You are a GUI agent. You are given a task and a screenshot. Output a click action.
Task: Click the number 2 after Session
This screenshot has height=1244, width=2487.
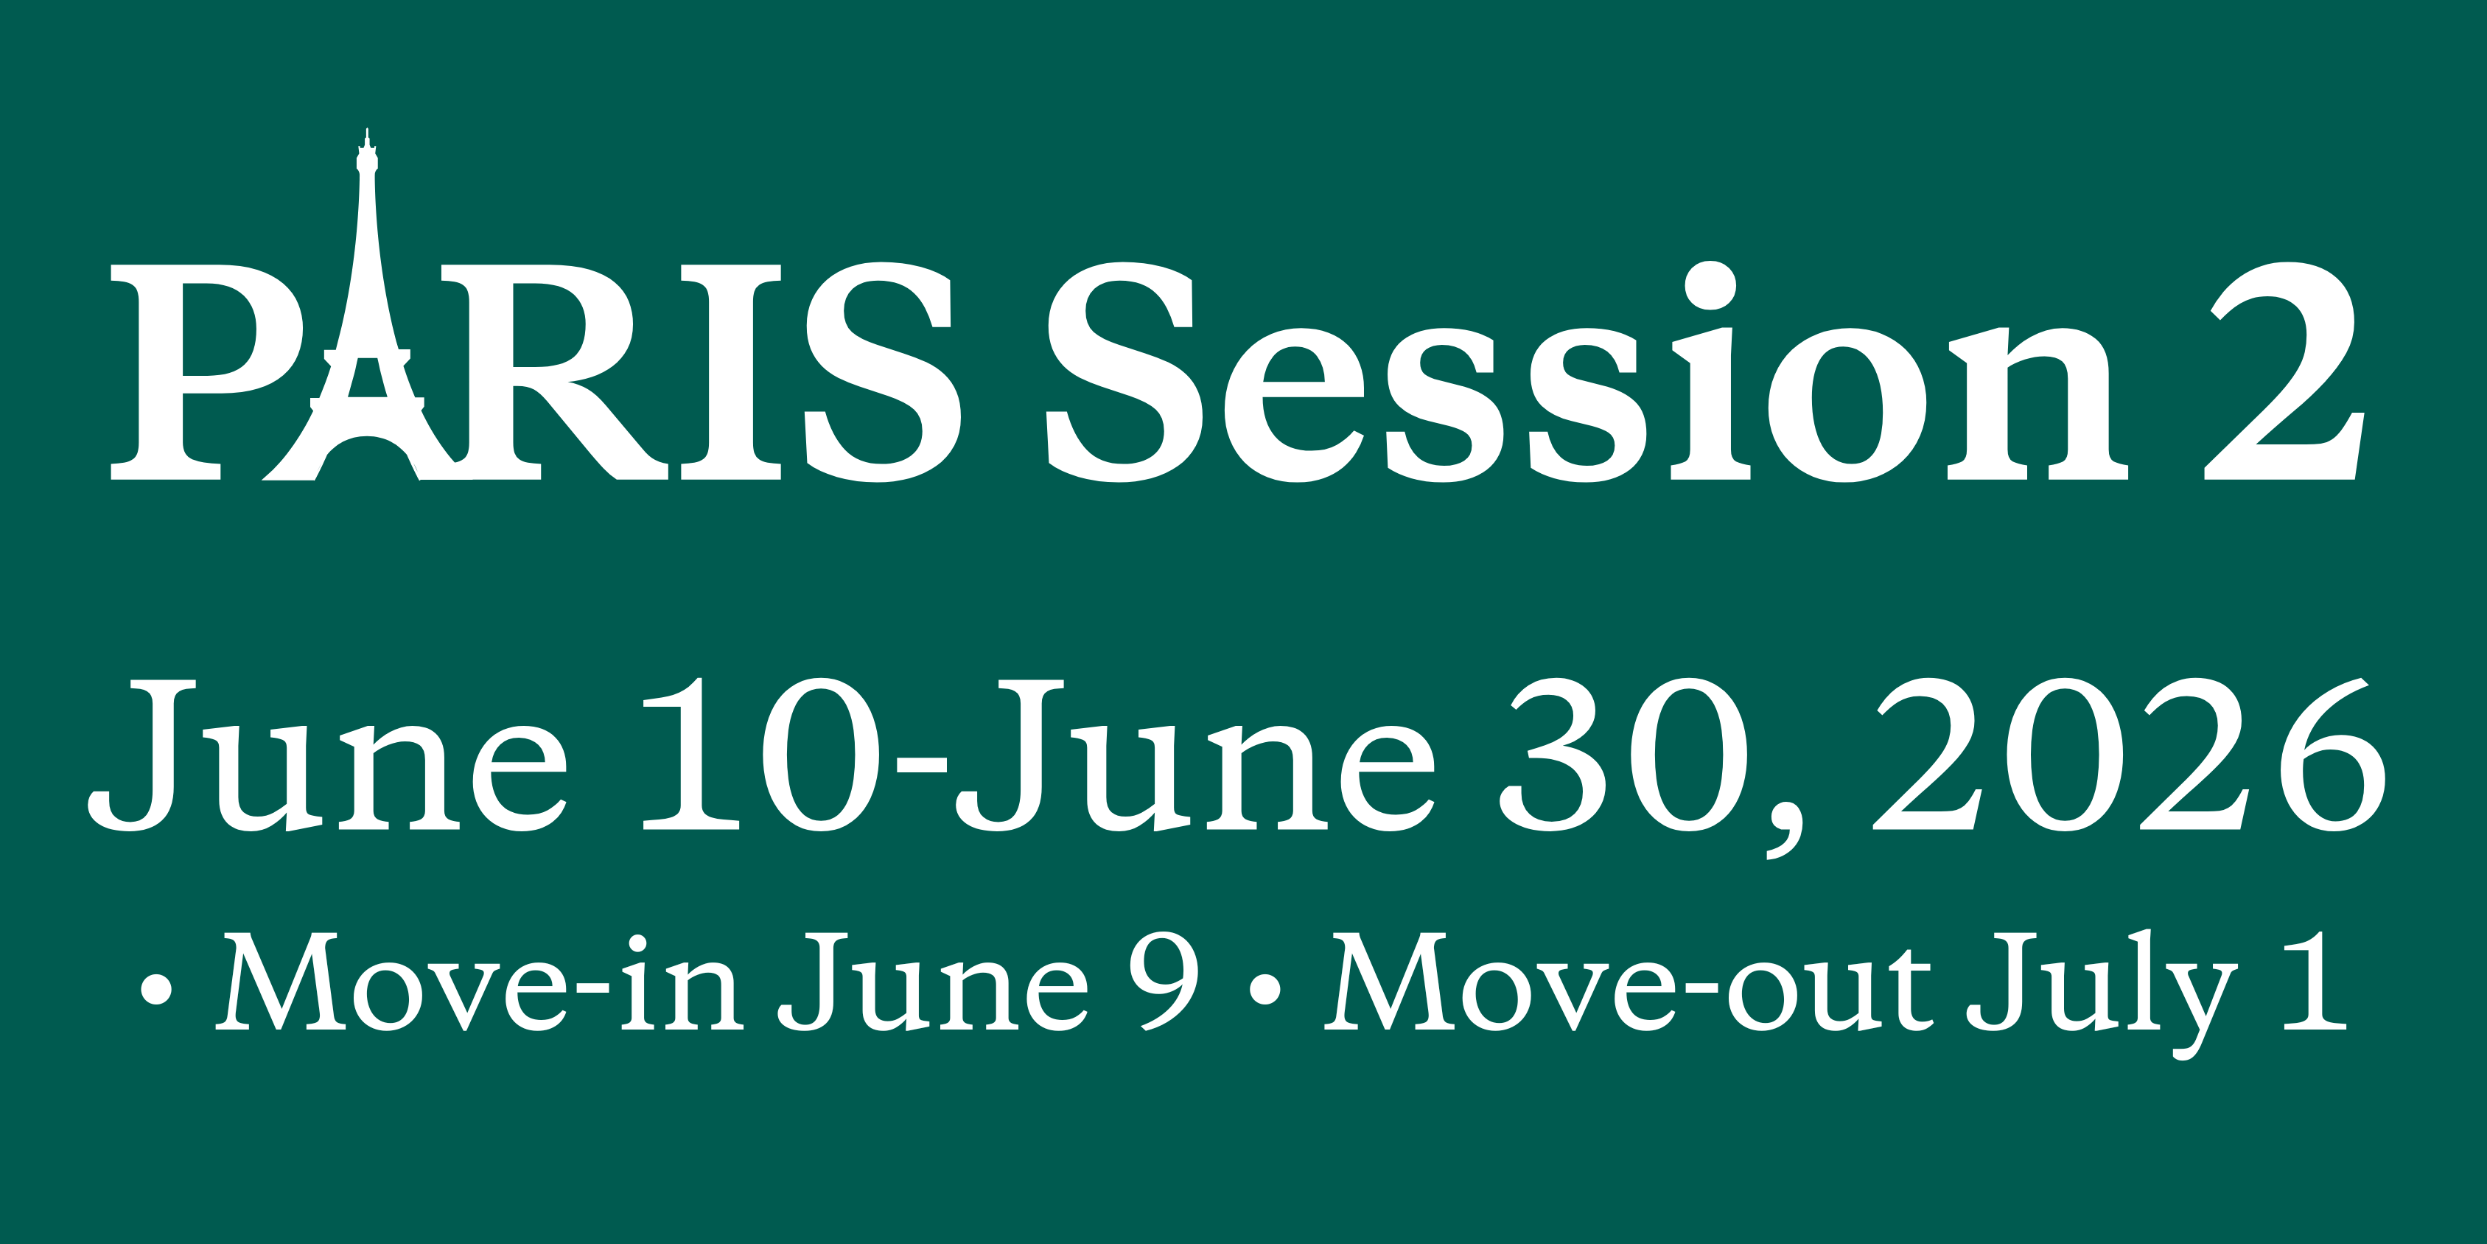click(2284, 372)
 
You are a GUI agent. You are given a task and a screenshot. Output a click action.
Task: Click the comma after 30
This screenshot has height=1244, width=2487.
click(1784, 831)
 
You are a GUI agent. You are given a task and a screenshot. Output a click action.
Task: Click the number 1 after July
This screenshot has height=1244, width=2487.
click(2315, 980)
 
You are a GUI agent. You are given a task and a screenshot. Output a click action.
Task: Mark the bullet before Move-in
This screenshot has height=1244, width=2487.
click(156, 989)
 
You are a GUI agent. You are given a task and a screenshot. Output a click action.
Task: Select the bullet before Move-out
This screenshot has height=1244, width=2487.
click(1265, 989)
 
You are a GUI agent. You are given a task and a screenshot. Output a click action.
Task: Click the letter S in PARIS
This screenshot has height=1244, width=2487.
click(884, 372)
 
